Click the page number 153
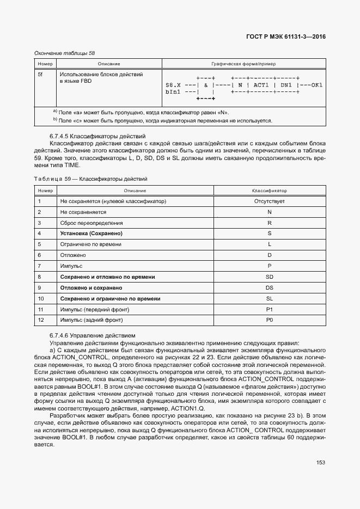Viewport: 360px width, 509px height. point(320,462)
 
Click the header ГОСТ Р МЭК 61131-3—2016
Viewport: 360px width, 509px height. point(285,38)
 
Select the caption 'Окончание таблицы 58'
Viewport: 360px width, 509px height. point(64,53)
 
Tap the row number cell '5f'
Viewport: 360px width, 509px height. point(40,74)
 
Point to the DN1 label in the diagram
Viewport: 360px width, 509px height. point(287,85)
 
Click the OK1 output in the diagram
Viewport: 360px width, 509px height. point(317,85)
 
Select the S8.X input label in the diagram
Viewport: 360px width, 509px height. point(173,85)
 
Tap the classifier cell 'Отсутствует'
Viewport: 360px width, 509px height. point(269,201)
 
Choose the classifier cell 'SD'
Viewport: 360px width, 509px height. point(269,277)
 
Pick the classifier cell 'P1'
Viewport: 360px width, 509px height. point(269,309)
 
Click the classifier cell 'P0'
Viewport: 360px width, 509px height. point(269,320)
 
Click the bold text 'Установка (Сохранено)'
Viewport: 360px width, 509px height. point(91,234)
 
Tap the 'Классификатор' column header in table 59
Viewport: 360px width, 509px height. point(269,191)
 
